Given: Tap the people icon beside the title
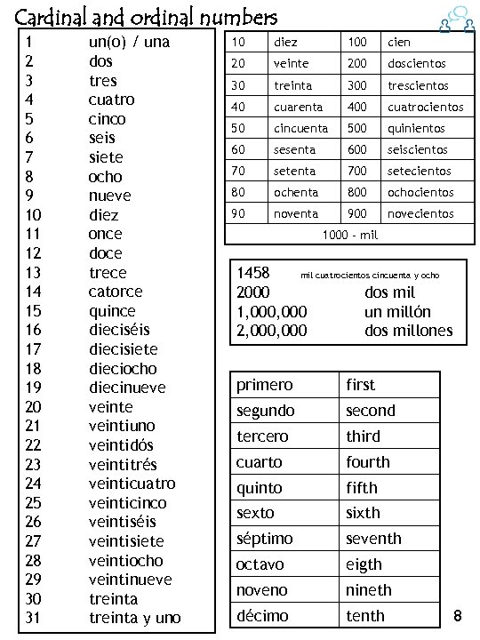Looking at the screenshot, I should (x=455, y=19).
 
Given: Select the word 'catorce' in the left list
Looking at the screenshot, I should (x=116, y=292).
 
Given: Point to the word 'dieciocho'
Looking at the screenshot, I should (x=123, y=368).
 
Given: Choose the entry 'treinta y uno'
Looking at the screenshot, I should (x=134, y=618).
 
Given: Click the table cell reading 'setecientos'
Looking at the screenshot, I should (x=420, y=171).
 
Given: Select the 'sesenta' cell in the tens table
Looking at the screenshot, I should (x=295, y=149).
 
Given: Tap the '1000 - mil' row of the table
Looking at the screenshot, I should (x=350, y=235).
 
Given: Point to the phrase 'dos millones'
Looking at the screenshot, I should (x=409, y=331).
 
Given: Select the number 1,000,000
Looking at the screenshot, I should (x=272, y=312).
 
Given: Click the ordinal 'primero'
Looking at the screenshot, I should (x=264, y=385).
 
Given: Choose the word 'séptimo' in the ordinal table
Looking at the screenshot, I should (x=266, y=539).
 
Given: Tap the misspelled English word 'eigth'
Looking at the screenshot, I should (x=364, y=564).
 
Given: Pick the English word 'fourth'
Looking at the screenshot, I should (x=368, y=462).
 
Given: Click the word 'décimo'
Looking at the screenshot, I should (x=261, y=615).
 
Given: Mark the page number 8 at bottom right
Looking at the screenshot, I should (x=458, y=615).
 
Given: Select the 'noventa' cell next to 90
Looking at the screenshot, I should (x=295, y=213).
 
